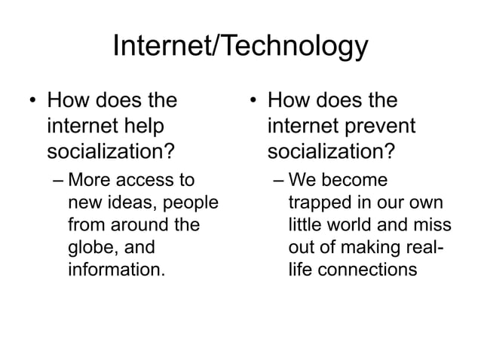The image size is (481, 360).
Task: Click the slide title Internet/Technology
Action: (x=240, y=47)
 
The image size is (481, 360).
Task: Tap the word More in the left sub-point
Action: (x=89, y=182)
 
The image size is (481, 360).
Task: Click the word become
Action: (x=357, y=182)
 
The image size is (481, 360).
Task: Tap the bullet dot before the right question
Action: (x=254, y=101)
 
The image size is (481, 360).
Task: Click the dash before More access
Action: (x=58, y=182)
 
